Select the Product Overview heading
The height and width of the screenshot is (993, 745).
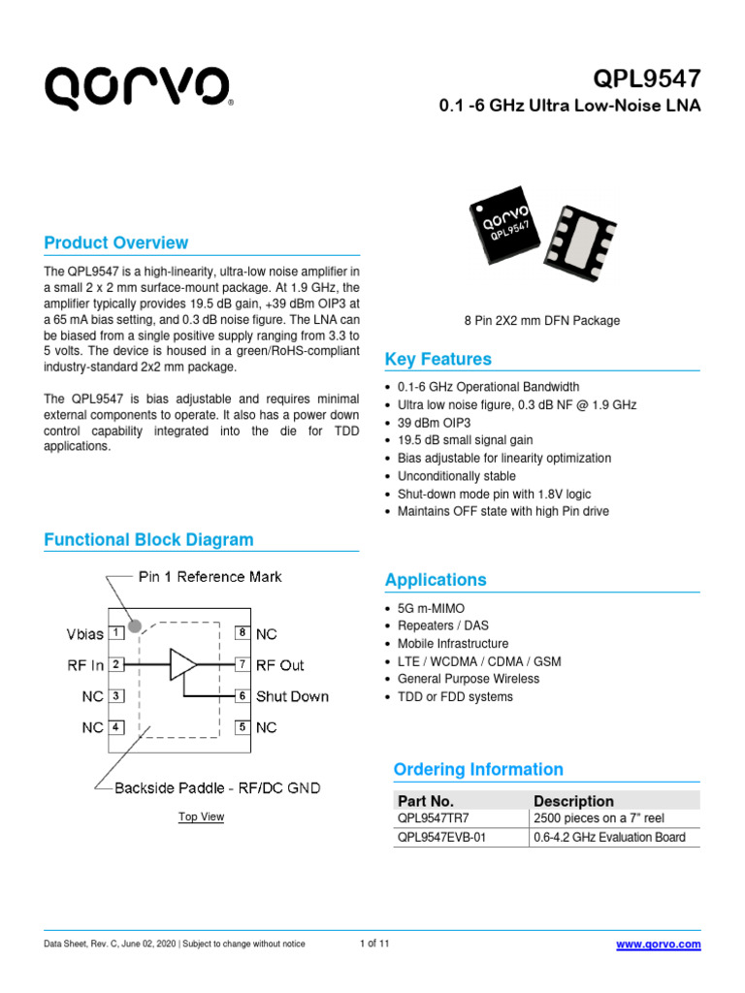[116, 242]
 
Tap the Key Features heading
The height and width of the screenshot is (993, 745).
[438, 359]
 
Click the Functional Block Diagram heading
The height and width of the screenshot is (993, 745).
[149, 539]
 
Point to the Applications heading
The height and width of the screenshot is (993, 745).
[436, 580]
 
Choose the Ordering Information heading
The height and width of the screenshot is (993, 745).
[478, 769]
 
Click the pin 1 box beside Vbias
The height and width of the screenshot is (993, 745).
[115, 633]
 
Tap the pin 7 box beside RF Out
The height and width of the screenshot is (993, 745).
[243, 664]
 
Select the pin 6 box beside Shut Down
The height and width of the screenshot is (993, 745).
[243, 696]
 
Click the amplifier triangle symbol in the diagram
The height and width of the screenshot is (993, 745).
[182, 664]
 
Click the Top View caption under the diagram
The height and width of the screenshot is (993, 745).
[201, 817]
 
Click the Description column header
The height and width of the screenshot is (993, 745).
[573, 801]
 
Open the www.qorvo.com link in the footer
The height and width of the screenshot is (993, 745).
[659, 945]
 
